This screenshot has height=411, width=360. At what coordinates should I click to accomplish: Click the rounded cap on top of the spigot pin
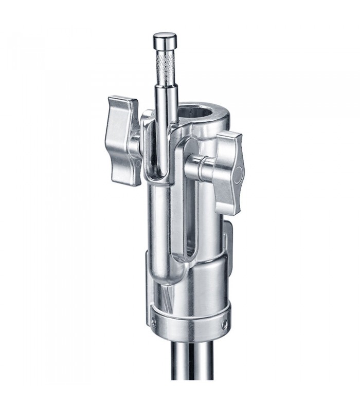[x=164, y=39]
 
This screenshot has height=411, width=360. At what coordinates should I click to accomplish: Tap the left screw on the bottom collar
[x=154, y=322]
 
